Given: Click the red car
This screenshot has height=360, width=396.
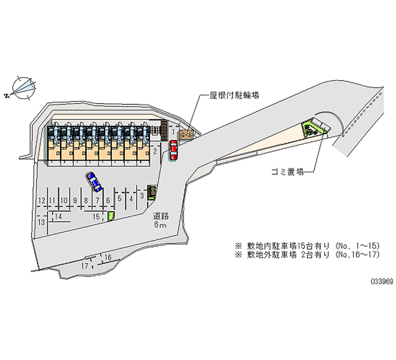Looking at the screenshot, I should coord(173,150).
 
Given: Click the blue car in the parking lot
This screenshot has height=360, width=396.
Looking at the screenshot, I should coord(94,182).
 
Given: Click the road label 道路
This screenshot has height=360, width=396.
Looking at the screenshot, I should coord(161,216).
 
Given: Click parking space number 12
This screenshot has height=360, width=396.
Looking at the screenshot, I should coord(41,200).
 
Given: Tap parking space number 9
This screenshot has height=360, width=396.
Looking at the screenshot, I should coord(75,200).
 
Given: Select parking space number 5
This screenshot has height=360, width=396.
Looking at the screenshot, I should coord(120,198).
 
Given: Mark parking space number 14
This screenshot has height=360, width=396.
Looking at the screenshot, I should coord(58,216).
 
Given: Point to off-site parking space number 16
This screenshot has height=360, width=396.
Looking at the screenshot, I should coord(108,256).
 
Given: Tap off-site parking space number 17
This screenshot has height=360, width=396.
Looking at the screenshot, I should coord(85,266).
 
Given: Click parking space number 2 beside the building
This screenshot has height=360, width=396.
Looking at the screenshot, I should coord(155,150).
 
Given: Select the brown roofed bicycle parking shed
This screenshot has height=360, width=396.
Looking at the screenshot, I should coord(187,134).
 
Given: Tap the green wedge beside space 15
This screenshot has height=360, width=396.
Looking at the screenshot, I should coord(111,216).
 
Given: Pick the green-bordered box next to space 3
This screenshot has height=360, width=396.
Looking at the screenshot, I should coord(152,192).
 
